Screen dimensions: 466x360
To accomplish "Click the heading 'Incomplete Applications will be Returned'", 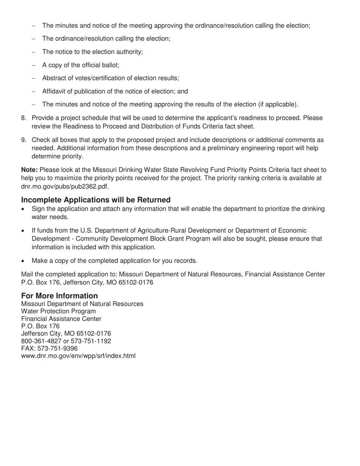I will tap(96, 200).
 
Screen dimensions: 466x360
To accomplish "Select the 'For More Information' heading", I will tap(59, 296).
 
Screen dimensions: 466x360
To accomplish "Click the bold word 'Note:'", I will tap(29, 170).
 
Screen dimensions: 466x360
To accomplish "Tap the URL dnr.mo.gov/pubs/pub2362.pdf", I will tap(65, 186).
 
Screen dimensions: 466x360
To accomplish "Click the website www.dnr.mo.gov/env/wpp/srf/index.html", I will tap(78, 356).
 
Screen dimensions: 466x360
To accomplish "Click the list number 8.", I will tap(23, 118).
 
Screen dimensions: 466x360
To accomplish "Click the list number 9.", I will tap(23, 140).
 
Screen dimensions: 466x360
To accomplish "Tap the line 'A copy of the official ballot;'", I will tap(81, 65).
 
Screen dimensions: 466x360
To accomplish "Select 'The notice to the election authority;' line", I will tap(92, 52).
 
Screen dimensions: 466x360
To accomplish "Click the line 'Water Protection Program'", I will tap(58, 311).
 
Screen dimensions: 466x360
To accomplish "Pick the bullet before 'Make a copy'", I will tap(24, 261).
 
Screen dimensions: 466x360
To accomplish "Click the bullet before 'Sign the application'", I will tap(24, 209).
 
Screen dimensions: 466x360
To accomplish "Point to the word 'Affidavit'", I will tap(54, 91).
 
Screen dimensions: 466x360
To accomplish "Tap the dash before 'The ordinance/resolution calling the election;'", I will tap(34, 39).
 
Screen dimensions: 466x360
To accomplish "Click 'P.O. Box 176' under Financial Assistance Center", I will tap(40, 326).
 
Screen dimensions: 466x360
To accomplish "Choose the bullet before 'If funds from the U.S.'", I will tap(24, 231).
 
